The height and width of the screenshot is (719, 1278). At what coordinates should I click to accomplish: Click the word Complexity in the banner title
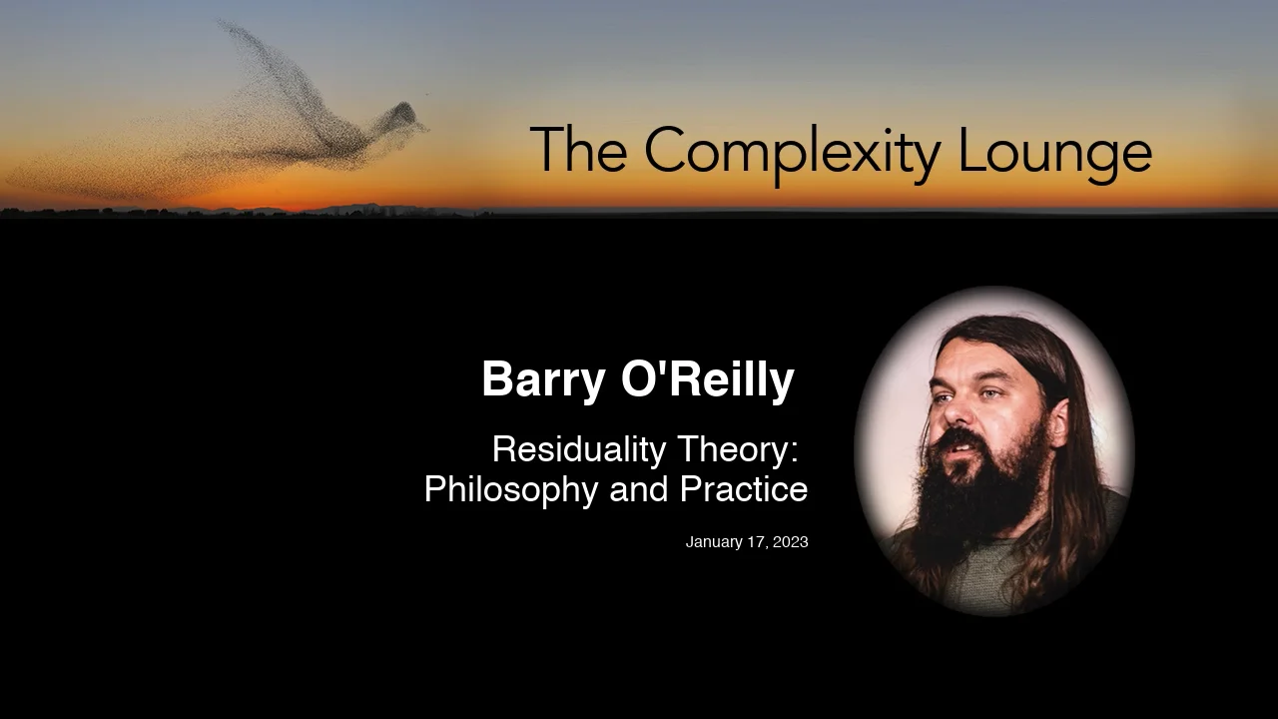pos(791,152)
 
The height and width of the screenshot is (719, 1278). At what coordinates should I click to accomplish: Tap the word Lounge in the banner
pos(1054,152)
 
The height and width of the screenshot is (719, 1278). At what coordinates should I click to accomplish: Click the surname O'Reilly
pos(707,379)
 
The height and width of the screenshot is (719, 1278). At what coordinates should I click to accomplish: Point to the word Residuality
pos(578,449)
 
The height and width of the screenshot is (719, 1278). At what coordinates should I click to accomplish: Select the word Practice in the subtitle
pos(744,490)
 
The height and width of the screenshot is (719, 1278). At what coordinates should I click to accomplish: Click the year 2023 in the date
pos(790,542)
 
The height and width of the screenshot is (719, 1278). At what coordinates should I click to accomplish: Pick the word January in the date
pos(713,542)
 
